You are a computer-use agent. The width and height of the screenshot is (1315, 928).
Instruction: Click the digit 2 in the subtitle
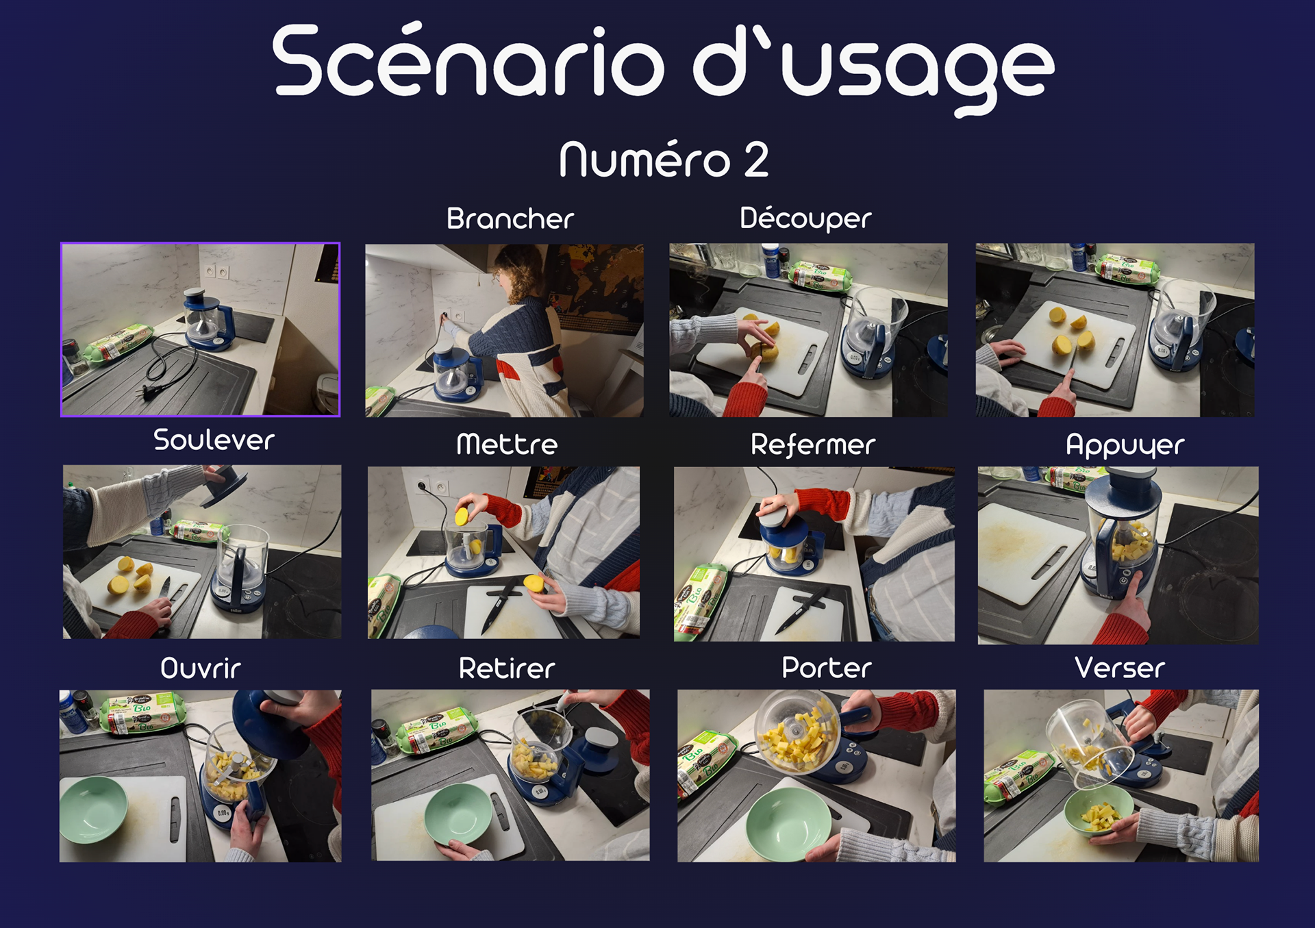[756, 159]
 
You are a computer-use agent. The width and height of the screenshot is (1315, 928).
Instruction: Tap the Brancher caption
[510, 218]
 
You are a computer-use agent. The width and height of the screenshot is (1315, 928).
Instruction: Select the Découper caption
[805, 218]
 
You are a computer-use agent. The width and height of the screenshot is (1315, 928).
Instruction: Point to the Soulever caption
[214, 440]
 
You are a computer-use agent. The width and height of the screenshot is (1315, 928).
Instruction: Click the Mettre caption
[507, 444]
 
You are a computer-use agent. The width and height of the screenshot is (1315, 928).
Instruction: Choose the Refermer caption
[813, 444]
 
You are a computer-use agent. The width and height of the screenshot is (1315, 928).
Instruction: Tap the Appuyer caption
[1125, 446]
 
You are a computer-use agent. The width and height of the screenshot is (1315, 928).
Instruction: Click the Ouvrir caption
[201, 668]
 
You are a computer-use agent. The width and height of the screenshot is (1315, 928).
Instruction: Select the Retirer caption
[507, 668]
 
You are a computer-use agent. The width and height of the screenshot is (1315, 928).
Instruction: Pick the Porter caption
[827, 667]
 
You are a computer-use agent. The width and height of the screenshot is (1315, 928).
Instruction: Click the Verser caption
[1120, 668]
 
